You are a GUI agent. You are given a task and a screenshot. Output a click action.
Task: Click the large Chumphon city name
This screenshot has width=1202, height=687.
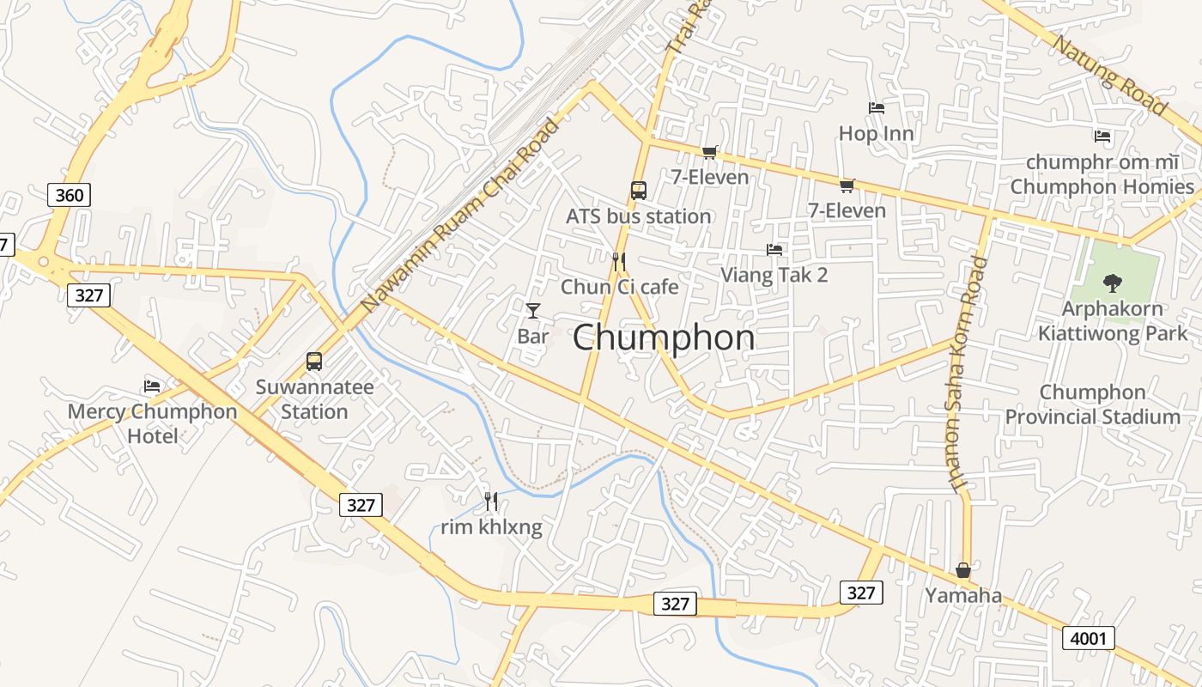664,337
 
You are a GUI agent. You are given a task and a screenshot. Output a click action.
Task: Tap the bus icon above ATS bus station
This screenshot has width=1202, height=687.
639,191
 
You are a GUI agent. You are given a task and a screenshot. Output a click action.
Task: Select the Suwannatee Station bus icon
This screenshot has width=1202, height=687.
314,362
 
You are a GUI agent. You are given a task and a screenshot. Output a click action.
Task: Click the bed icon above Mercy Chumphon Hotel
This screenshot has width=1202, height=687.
153,386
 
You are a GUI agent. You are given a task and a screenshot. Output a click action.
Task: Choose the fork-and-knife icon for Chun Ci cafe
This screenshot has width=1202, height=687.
619,261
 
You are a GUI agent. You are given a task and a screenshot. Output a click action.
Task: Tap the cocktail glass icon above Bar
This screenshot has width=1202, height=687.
533,310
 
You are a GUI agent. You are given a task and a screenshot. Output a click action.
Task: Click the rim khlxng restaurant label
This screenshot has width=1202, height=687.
491,526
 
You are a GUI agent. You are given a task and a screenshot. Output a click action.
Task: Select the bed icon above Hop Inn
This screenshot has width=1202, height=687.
877,108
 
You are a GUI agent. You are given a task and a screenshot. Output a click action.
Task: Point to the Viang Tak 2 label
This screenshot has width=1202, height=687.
774,275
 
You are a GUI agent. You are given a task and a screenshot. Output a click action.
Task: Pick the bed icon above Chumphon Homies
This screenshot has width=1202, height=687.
1102,136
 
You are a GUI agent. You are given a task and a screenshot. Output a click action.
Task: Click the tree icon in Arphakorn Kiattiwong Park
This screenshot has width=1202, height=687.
1113,282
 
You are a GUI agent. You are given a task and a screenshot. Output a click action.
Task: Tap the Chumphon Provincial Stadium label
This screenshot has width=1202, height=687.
1092,404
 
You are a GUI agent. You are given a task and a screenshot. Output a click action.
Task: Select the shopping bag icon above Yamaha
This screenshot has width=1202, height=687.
963,570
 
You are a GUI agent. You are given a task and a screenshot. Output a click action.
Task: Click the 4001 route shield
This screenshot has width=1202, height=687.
1089,638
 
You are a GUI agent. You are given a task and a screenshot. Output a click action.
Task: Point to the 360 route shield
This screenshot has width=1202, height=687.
69,195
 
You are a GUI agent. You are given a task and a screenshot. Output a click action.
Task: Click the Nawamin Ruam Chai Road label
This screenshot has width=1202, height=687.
460,216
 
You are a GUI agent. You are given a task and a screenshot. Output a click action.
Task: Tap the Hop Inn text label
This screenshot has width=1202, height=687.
877,133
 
